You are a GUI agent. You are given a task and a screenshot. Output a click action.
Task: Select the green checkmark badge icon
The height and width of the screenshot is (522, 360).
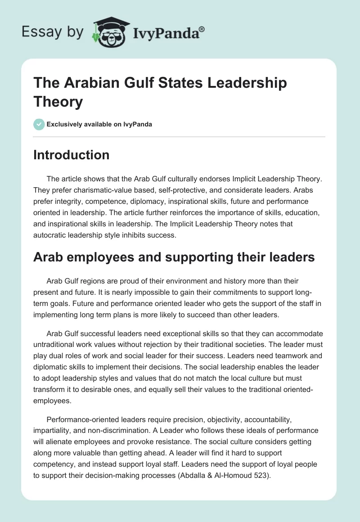pyautogui.click(x=39, y=124)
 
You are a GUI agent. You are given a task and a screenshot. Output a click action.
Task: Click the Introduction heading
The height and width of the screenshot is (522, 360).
pyautogui.click(x=72, y=155)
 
